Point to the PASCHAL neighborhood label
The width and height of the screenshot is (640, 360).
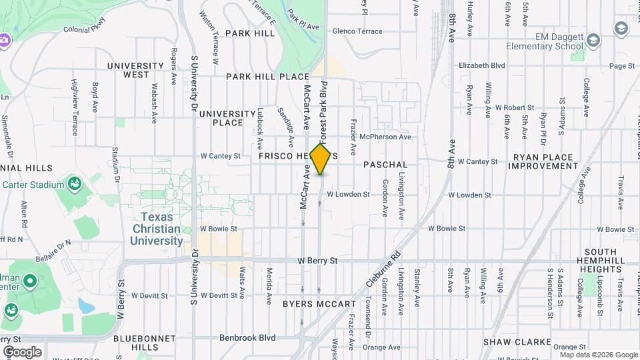tap(385, 164)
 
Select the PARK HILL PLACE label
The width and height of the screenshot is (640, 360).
tap(267, 77)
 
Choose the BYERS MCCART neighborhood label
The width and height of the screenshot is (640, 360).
tap(319, 304)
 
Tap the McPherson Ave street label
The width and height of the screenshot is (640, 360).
tap(385, 137)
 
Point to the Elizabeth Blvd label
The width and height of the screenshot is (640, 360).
tap(482, 66)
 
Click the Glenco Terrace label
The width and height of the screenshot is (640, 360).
tap(357, 31)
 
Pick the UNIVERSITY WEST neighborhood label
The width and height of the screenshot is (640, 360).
tap(135, 70)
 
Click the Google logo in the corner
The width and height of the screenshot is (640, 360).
tap(22, 351)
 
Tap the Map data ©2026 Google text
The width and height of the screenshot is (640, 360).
tap(599, 355)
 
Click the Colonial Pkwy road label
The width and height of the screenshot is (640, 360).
tap(85, 30)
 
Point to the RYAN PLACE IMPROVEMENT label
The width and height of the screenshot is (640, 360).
tap(543, 161)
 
